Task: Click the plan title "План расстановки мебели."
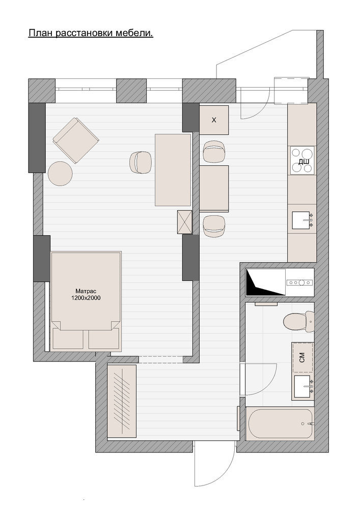coord(91,33)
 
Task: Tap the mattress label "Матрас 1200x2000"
coord(86,294)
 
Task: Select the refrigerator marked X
coord(214,120)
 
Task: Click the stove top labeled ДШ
coord(302,161)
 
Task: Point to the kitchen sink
coord(302,220)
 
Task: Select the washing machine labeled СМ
coord(302,357)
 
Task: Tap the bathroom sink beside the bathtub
coord(303,387)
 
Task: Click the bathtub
coord(280,423)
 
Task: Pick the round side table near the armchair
coord(60,174)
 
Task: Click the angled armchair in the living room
coord(76,140)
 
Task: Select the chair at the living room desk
coord(140,162)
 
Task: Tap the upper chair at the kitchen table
coord(214,151)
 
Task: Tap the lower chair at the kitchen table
coord(214,226)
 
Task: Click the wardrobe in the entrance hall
coord(121,401)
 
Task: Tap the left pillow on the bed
coord(68,339)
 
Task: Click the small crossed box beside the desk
coord(185,222)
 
